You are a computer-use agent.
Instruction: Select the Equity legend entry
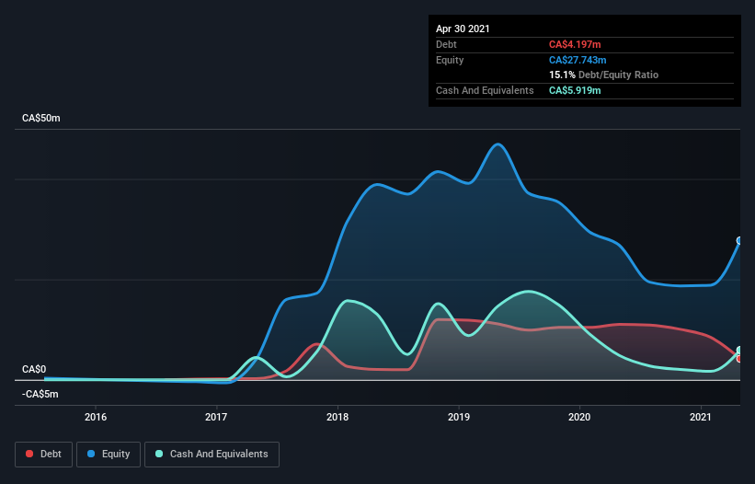(109, 454)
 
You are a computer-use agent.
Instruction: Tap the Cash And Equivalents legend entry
(212, 454)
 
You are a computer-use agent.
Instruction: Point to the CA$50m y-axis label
(41, 119)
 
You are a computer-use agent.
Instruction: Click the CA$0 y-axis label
(33, 369)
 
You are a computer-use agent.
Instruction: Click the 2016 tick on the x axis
(96, 417)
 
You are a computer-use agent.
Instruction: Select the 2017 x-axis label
(217, 417)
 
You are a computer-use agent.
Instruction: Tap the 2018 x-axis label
(338, 417)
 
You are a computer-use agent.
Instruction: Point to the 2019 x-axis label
(459, 417)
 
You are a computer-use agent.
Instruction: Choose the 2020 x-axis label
(580, 417)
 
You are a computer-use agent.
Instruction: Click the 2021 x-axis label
(702, 417)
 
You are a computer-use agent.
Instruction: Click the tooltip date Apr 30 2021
(463, 29)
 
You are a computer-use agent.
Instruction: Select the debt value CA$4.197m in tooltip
(575, 44)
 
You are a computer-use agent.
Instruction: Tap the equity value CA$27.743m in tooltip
(578, 60)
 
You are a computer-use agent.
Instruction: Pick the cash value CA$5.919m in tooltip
(575, 90)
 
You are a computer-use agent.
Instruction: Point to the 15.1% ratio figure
(562, 75)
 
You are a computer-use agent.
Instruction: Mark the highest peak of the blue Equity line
(498, 144)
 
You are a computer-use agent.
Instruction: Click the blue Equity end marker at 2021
(739, 241)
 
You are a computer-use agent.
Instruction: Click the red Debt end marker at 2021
(739, 358)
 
